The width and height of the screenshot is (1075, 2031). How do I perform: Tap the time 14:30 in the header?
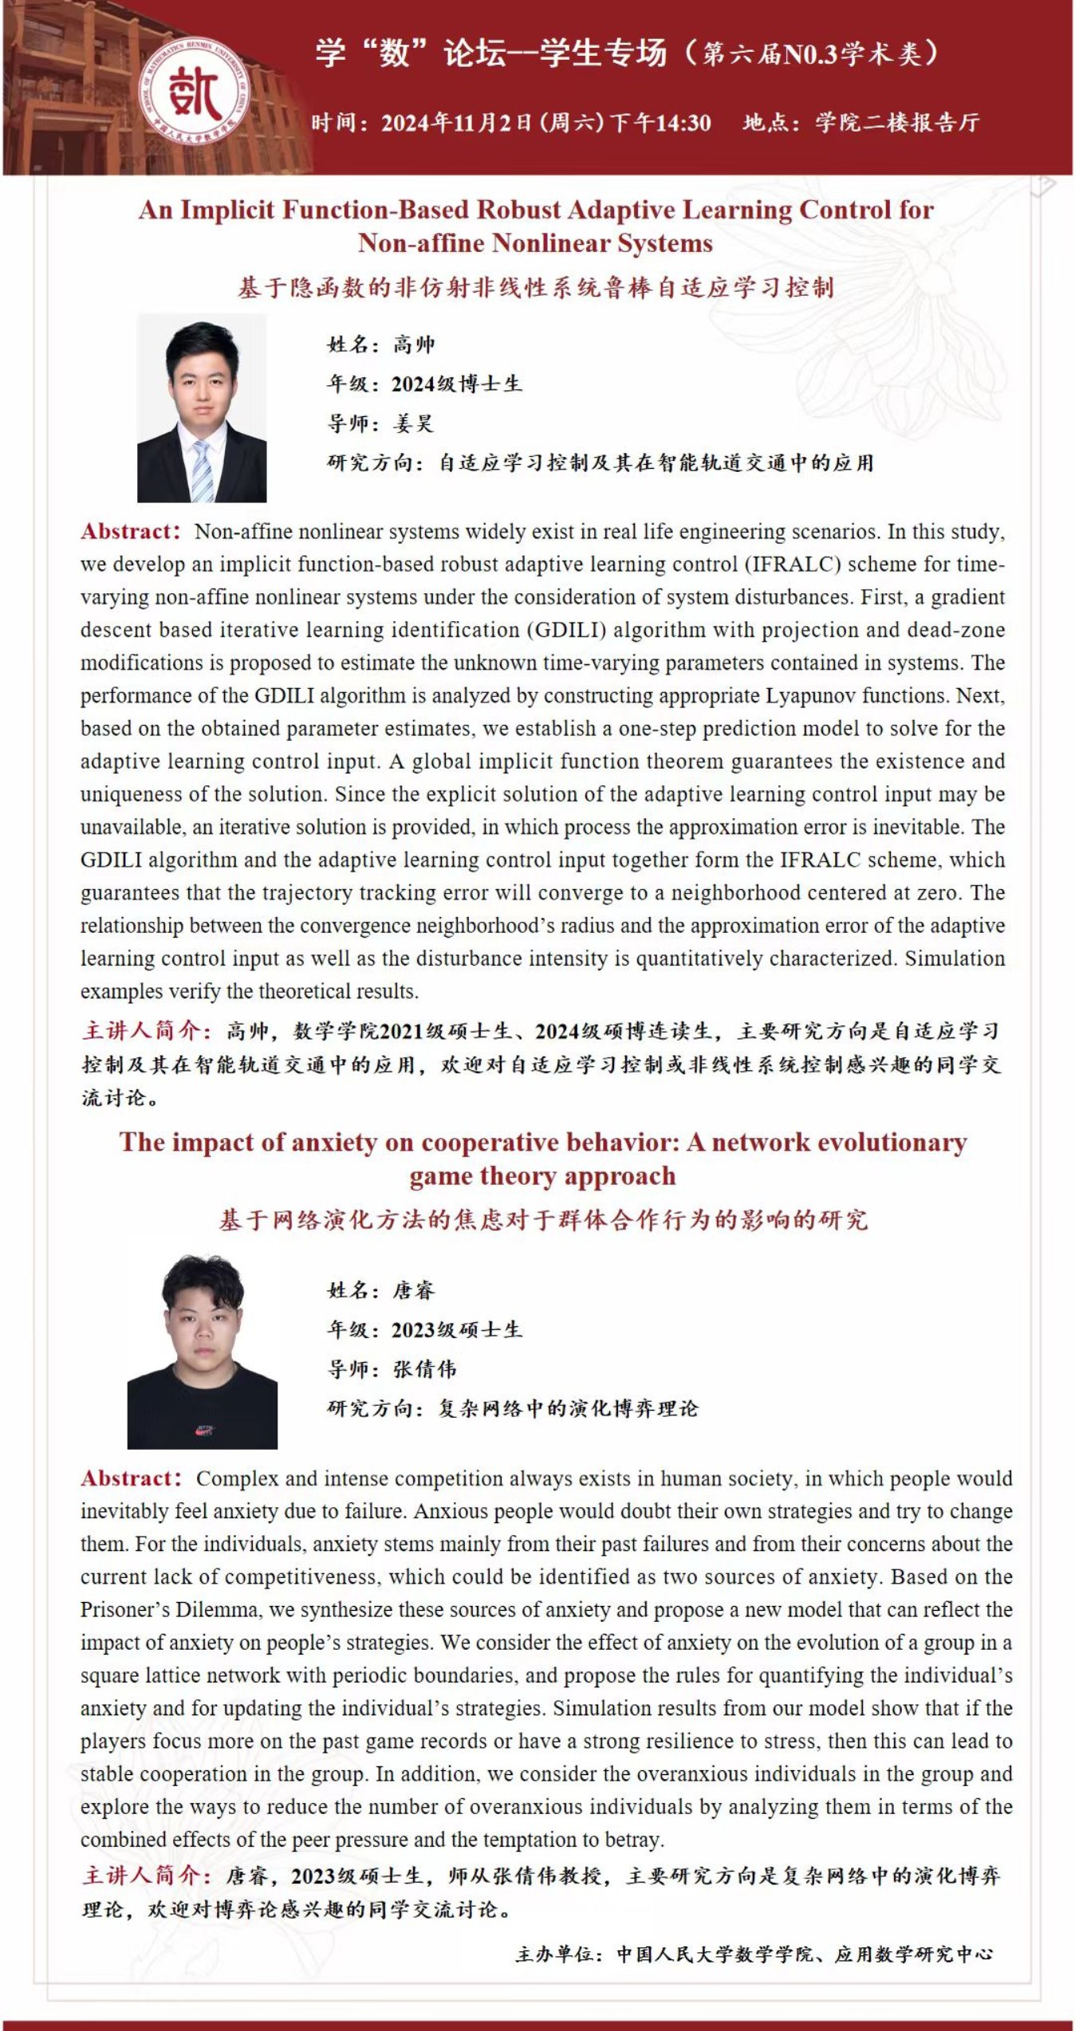click(x=683, y=123)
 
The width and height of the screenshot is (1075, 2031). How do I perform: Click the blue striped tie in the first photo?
click(x=202, y=471)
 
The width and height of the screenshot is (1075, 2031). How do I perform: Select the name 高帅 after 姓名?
click(x=414, y=344)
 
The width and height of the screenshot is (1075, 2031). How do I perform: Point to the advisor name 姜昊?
click(x=413, y=423)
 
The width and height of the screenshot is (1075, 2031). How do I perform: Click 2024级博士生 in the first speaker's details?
click(x=456, y=384)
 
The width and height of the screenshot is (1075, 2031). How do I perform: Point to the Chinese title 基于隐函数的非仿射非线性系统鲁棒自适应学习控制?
click(x=535, y=287)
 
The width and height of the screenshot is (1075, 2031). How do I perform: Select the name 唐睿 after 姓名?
click(x=414, y=1290)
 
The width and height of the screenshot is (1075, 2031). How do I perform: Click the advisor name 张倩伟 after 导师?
click(x=424, y=1369)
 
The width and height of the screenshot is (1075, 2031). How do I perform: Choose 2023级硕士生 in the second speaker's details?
click(x=456, y=1329)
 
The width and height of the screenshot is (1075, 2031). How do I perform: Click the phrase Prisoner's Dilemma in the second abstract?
click(x=169, y=1610)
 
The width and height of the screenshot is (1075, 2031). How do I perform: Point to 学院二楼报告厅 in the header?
click(x=897, y=123)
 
